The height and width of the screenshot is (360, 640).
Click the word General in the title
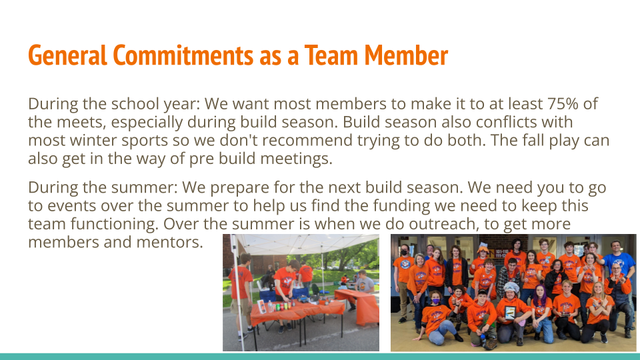pyautogui.click(x=67, y=55)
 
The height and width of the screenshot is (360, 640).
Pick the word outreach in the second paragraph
pyautogui.click(x=442, y=224)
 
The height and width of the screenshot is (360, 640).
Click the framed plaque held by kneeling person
pyautogui.click(x=510, y=313)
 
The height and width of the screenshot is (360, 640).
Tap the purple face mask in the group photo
pyautogui.click(x=436, y=301)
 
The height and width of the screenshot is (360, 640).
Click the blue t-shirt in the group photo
pyautogui.click(x=619, y=264)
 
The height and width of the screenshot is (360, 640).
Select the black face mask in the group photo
pyautogui.click(x=405, y=253)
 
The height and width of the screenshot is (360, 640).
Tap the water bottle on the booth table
pyautogui.click(x=270, y=307)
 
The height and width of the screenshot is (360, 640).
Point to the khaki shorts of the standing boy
pyautogui.click(x=239, y=305)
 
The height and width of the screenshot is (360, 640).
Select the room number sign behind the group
pyautogui.click(x=501, y=254)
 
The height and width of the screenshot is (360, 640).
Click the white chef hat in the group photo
pyautogui.click(x=511, y=287)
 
